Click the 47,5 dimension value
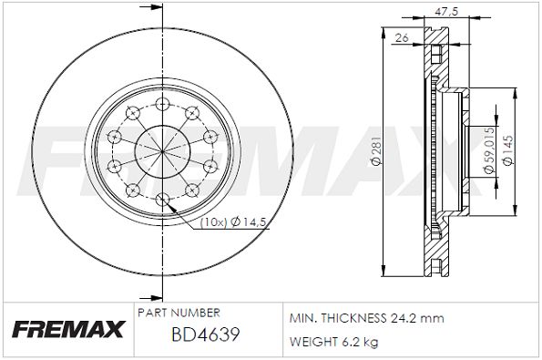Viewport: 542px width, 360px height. coord(446,12)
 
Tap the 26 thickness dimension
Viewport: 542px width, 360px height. coord(402,37)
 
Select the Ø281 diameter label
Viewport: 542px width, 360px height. coord(375,150)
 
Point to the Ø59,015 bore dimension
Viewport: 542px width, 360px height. coord(489,150)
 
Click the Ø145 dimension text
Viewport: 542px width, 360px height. coord(507,150)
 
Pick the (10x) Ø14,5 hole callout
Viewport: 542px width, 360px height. coord(233,222)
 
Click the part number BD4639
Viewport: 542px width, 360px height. coord(206,334)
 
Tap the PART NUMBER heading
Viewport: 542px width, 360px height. coord(179,313)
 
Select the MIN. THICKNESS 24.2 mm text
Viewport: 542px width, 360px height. coord(366,318)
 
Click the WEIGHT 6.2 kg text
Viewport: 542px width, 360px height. coord(334,342)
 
